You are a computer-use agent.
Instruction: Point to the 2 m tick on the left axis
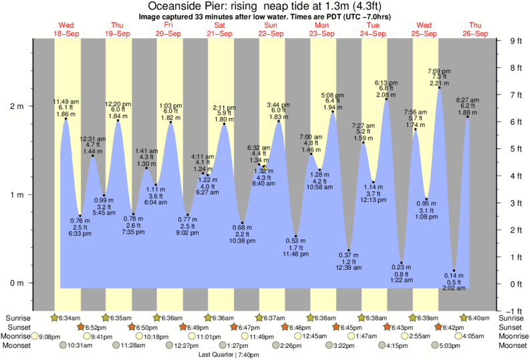click(x=18, y=106)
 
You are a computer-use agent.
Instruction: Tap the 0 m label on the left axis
click(x=18, y=283)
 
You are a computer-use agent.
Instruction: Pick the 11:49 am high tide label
click(x=65, y=101)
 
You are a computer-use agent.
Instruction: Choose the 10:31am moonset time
click(x=78, y=346)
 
